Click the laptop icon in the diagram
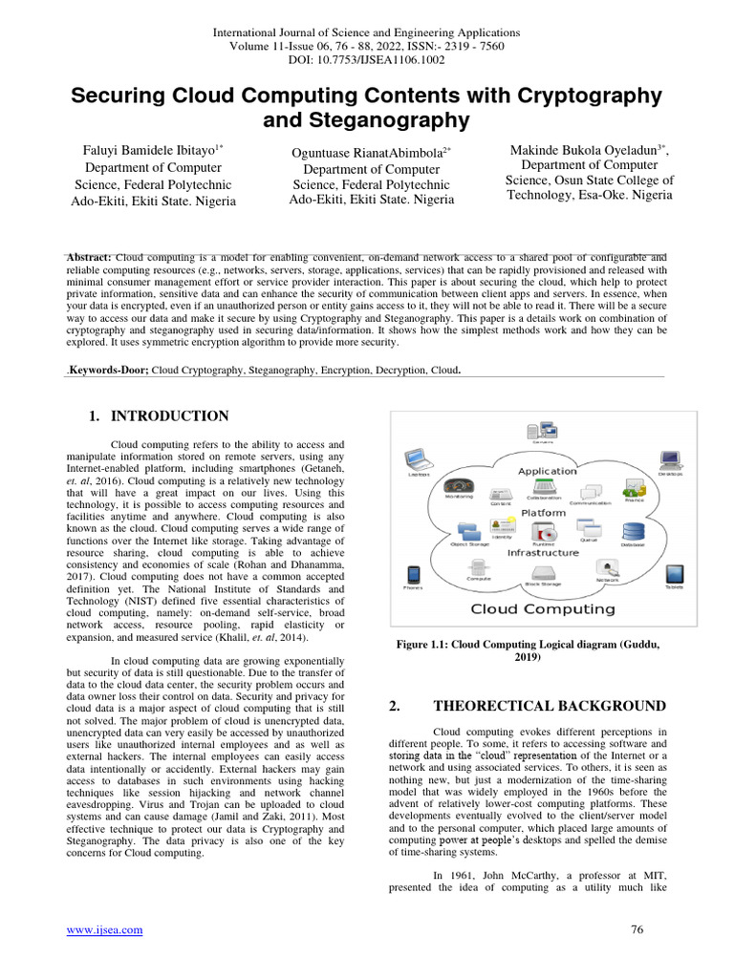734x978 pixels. [x=419, y=459]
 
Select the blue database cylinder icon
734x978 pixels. [x=633, y=532]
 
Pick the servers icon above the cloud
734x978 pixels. [x=543, y=433]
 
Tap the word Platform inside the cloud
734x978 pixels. [x=542, y=513]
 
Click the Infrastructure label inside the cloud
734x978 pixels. [x=542, y=552]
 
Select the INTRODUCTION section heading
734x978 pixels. [x=169, y=416]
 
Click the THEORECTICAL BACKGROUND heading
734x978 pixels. [x=549, y=706]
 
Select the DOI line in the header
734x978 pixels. [x=366, y=59]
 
